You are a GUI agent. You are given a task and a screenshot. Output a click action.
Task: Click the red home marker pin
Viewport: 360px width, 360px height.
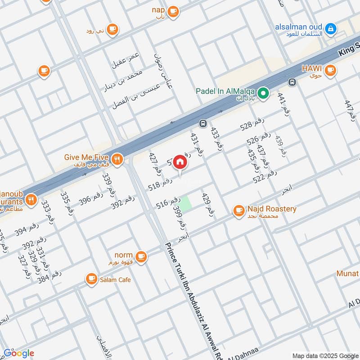180,162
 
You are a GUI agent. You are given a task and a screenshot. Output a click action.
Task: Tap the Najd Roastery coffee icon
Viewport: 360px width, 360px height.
238,210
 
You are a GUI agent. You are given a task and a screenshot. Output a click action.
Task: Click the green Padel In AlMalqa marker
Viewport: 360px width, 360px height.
264,94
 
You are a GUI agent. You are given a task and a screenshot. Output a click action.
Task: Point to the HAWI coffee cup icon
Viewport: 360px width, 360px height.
330,70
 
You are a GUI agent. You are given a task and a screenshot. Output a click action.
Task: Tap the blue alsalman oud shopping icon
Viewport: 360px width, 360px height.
331,29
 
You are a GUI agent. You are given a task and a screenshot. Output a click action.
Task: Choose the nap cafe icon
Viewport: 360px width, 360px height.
173,11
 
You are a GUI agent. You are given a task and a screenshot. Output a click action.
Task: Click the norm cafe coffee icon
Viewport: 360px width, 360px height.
141,256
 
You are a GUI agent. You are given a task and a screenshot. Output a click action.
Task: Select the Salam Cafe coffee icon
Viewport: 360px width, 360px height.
92,279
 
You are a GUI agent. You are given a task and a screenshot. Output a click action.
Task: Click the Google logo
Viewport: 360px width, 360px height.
18,353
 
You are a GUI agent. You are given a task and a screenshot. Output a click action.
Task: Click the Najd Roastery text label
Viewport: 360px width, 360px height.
272,209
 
